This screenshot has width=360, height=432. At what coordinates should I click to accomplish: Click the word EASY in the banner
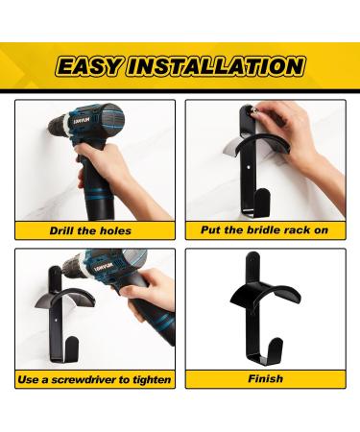89,66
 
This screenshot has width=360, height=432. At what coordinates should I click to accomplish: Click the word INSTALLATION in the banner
216,66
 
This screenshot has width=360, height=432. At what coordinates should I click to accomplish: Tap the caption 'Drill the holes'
90,230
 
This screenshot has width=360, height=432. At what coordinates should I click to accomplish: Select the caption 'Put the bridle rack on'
265,230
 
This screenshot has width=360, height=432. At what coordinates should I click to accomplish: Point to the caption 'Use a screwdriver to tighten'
94,380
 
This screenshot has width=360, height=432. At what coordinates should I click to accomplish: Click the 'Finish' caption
266,379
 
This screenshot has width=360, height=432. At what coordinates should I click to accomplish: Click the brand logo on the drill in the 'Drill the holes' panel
82,121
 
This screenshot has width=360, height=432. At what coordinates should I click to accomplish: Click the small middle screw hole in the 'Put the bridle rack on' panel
250,167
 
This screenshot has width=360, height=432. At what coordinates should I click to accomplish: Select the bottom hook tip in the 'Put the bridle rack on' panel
263,193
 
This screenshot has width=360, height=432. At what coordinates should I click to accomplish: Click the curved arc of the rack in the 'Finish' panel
266,290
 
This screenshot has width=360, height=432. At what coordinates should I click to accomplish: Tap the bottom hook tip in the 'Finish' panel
276,343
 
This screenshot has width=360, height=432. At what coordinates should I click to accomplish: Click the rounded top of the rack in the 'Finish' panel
252,256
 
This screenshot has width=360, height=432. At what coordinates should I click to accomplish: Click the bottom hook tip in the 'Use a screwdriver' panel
72,342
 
